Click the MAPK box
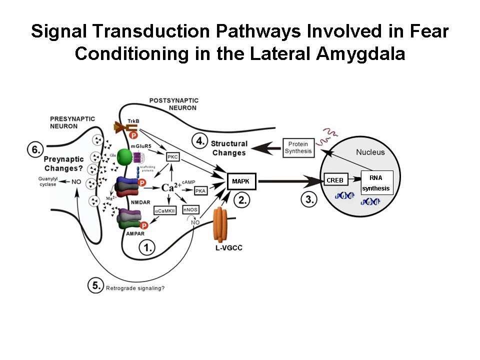click(241, 181)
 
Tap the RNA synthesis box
click(376, 182)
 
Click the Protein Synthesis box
click(299, 147)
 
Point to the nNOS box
click(190, 210)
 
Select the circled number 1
click(146, 246)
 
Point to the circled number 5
click(96, 286)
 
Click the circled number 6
click(35, 148)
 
